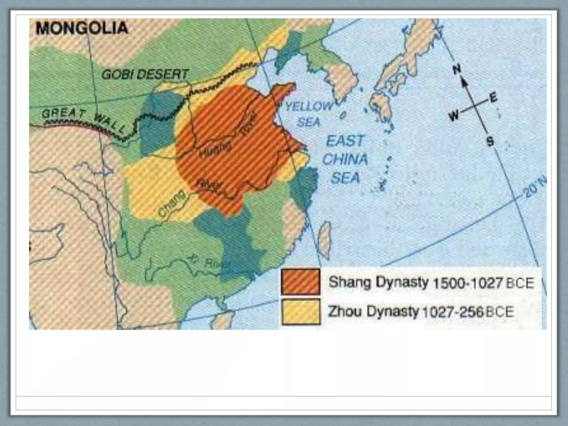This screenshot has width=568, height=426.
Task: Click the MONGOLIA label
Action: (x=82, y=28)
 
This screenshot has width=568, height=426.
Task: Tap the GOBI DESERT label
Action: (x=145, y=75)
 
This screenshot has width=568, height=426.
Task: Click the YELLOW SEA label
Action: (x=309, y=114)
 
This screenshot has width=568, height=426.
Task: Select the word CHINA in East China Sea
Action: (x=345, y=159)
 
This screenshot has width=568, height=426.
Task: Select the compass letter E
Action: (x=493, y=98)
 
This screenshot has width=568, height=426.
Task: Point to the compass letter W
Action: (x=454, y=116)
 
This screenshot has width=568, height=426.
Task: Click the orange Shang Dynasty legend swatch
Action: (x=300, y=282)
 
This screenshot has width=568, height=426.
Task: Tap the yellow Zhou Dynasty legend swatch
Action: (x=300, y=312)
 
